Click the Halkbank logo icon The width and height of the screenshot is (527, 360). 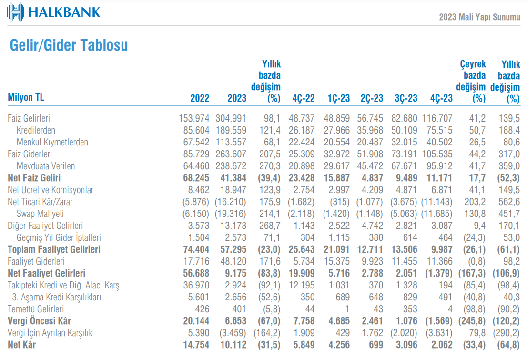tap(15, 12)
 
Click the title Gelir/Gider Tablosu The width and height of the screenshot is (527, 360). tap(69, 45)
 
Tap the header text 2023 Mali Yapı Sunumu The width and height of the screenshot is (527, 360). tap(480, 17)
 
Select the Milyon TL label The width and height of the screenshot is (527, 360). tap(26, 97)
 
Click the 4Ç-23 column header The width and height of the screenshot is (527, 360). tap(441, 98)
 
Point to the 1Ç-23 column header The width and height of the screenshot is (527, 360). tap(338, 98)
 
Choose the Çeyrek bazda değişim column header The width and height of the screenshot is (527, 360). tap(471, 81)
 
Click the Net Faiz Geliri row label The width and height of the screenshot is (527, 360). tap(34, 178)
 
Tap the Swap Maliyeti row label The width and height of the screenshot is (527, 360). tap(40, 214)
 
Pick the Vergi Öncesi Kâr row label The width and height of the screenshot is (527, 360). tap(40, 320)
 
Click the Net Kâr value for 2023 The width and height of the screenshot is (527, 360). tap(233, 345)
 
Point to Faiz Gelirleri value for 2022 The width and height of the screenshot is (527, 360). tap(194, 118)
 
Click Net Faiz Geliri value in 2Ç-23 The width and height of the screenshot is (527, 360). tap(373, 178)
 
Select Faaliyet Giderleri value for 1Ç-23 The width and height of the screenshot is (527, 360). tap(337, 261)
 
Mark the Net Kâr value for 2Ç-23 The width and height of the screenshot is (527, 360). tap(376, 345)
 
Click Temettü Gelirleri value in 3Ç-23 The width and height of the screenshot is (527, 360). tap(410, 309)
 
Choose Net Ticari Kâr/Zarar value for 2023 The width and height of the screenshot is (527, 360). tap(231, 202)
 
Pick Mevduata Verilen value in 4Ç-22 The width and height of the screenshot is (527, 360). tap(302, 166)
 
